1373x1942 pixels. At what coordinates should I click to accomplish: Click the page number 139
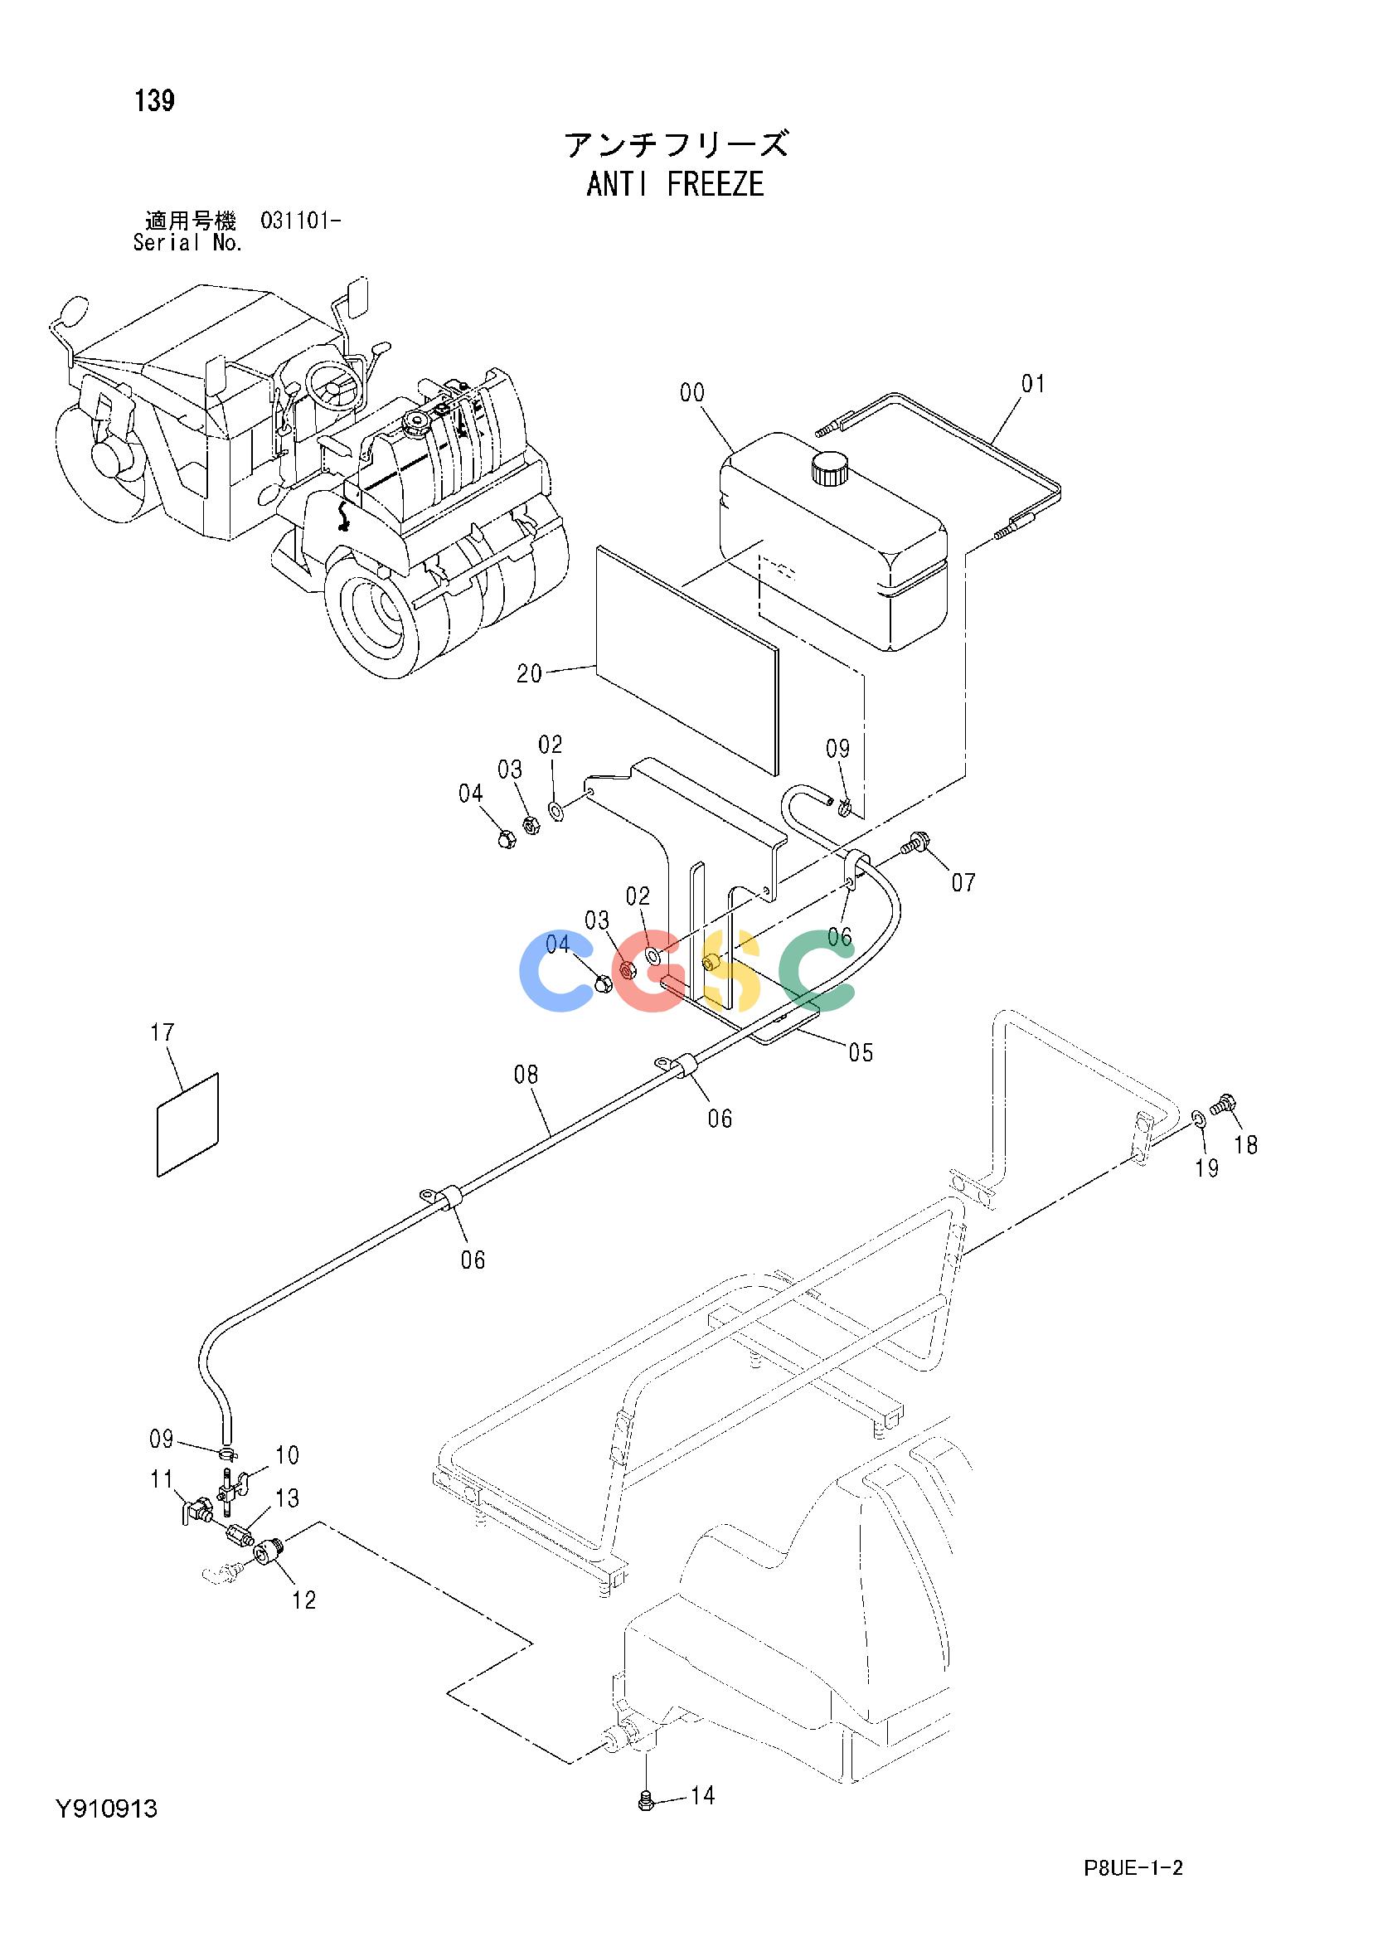tap(155, 100)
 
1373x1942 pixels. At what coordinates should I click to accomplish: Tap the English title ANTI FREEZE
tap(675, 184)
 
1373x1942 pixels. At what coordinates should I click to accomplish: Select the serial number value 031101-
tap(301, 221)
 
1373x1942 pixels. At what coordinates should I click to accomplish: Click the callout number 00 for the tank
tap(691, 392)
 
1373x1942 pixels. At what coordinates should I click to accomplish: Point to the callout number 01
tap(1033, 384)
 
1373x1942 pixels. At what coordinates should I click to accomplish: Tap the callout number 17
tap(163, 1032)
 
